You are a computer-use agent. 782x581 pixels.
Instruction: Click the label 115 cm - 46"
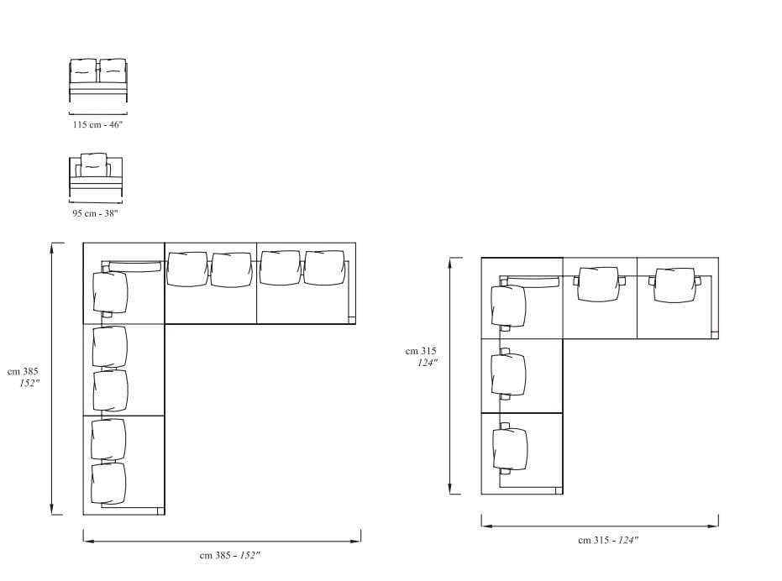pos(97,124)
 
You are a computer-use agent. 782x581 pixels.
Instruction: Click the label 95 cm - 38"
pos(95,213)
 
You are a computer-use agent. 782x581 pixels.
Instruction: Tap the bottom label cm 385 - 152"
pos(229,555)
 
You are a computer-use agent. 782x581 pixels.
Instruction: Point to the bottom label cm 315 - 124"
pos(607,540)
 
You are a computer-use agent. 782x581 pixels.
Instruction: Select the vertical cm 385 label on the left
pos(24,371)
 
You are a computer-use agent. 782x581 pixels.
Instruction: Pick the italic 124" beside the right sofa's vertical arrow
pos(428,363)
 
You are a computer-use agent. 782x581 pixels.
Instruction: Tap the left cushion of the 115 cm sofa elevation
pos(84,71)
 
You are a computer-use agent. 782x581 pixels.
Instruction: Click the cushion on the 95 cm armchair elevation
pos(94,165)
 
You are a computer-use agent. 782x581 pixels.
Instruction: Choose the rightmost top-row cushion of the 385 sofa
pos(324,268)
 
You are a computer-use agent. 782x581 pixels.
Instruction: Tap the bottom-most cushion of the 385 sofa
pos(109,483)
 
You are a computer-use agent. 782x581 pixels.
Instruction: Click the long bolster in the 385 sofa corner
pos(134,267)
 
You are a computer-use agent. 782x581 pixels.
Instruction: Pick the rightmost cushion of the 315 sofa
pos(674,284)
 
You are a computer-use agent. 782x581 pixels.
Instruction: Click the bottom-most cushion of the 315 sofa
pos(510,448)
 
